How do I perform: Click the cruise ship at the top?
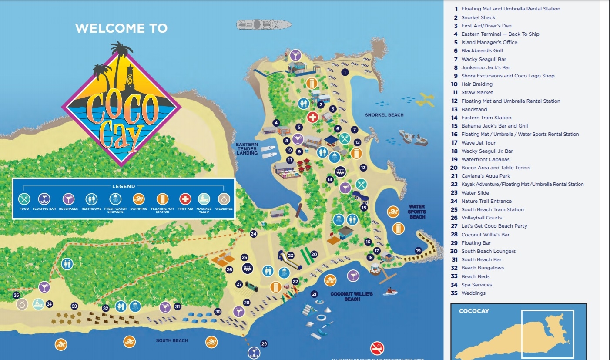click(x=264, y=24)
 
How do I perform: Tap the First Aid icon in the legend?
click(x=185, y=199)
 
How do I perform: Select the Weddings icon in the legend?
click(x=224, y=199)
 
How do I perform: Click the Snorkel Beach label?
click(x=384, y=115)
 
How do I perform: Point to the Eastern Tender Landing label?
click(x=247, y=149)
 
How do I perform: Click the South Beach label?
click(x=172, y=340)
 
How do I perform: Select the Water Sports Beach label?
click(x=417, y=212)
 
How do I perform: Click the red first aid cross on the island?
click(x=312, y=117)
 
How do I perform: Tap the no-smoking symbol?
click(x=377, y=348)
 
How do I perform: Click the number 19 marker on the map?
click(x=418, y=251)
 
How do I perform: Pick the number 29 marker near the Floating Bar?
click(x=264, y=344)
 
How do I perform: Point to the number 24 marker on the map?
click(x=254, y=234)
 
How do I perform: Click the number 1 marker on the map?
click(x=345, y=72)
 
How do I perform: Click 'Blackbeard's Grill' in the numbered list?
click(x=482, y=50)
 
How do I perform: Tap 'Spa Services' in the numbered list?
click(x=476, y=285)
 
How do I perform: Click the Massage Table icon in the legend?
click(x=204, y=199)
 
